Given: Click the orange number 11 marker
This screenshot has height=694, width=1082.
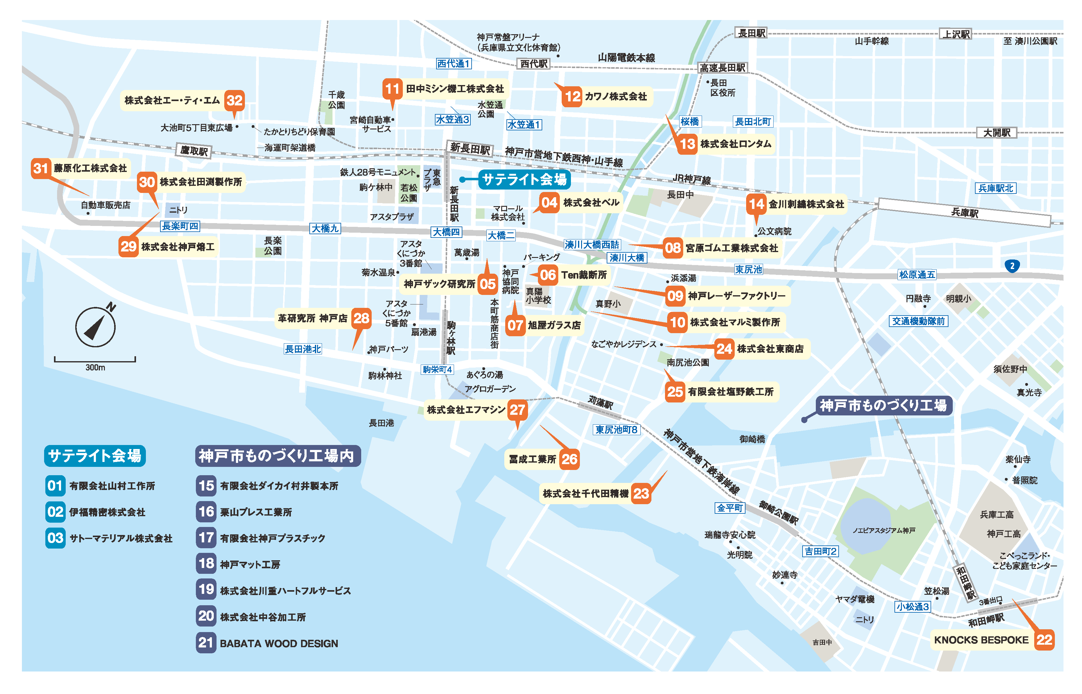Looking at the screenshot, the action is point(392,89).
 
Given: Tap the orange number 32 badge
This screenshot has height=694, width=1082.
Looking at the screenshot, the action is point(234,100).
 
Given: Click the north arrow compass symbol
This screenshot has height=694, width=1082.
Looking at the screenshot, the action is point(95,327).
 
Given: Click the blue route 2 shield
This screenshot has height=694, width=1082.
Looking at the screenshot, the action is point(1012,266).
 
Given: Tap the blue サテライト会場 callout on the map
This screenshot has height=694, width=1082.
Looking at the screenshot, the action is point(524,179).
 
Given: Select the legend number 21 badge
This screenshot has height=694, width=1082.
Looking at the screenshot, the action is point(206,643).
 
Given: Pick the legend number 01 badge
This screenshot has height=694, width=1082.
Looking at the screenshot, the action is point(55,485).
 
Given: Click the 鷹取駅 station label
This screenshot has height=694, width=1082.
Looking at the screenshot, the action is point(194,150).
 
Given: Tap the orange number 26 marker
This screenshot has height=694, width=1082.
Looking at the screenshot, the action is point(569,459).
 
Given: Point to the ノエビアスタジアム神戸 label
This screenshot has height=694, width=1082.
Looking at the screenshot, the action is point(884,530).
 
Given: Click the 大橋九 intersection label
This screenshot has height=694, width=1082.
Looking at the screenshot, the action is point(325,228).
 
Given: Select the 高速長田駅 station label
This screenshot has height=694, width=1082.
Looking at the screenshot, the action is point(722,67).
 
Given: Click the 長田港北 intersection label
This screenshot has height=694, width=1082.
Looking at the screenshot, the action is point(303,349).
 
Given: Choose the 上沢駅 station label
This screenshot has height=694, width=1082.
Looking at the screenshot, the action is point(956,34).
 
